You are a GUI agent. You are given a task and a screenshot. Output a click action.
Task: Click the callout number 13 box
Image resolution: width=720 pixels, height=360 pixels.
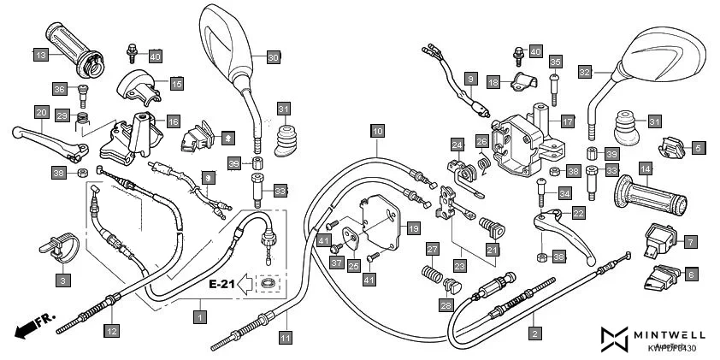point(40,56)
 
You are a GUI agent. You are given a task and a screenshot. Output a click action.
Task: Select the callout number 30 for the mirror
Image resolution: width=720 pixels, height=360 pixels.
point(272,57)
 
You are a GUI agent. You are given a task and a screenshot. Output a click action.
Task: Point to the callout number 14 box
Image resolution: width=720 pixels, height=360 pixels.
point(645,170)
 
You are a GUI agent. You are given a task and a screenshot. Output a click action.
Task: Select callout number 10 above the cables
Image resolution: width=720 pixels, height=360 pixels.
point(377,131)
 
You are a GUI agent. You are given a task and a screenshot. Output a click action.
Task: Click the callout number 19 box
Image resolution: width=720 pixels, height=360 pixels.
point(412,228)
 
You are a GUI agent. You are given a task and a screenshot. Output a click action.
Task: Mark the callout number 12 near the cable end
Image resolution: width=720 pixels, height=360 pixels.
point(111,329)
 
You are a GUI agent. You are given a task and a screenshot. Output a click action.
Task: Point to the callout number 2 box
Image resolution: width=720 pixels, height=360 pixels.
point(535,333)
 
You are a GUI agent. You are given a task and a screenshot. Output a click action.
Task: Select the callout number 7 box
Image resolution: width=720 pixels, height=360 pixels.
point(690,242)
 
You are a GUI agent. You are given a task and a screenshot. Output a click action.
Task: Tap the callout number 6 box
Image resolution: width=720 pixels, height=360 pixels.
point(690,274)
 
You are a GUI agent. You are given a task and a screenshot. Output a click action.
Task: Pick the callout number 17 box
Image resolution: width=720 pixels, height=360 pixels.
point(566,121)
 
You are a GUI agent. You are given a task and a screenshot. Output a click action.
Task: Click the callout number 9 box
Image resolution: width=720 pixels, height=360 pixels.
point(469,79)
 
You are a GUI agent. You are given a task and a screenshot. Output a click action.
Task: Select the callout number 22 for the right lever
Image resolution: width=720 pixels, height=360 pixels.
point(578,213)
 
